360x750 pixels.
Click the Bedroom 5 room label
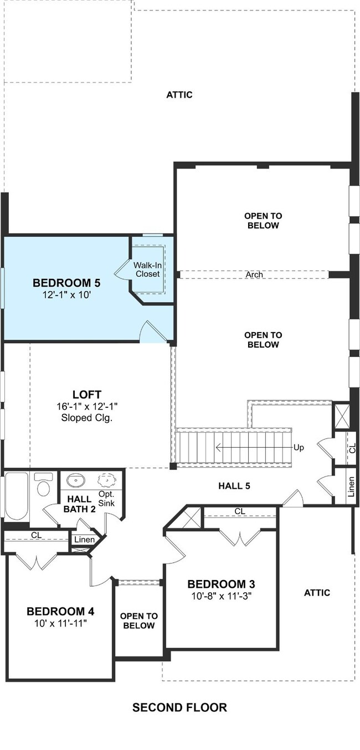point(66,283)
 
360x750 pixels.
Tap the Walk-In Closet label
point(147,270)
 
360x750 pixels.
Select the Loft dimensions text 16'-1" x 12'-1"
point(87,406)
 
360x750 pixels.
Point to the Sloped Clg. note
point(87,418)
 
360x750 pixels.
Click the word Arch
point(254,275)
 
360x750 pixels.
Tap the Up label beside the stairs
point(299,448)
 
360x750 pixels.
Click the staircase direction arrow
point(255,447)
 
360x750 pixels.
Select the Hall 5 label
point(234,486)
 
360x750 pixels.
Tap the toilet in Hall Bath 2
point(44,484)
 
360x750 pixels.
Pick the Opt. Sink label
point(106,499)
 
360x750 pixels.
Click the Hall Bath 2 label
point(79,504)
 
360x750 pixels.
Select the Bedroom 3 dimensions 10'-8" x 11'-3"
point(221,596)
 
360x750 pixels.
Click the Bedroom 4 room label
point(60,612)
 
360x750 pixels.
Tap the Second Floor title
point(179,707)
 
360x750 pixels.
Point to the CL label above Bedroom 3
point(240,511)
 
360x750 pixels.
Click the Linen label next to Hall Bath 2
point(84,540)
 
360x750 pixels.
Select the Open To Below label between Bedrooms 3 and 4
point(138,621)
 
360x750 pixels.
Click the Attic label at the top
point(179,95)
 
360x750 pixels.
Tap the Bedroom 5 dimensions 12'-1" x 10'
point(66,295)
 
